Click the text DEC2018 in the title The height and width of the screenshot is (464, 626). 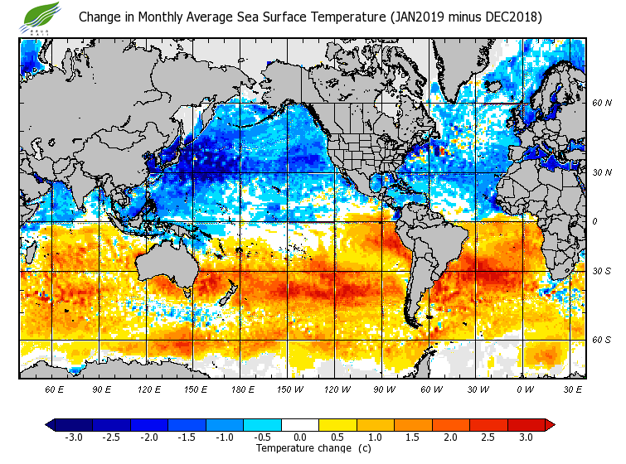point(509,17)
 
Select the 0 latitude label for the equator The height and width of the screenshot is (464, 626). point(594,221)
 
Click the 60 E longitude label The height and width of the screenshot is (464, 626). point(55,389)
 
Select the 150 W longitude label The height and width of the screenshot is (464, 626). point(289,389)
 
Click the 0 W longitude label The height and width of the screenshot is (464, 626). point(525,389)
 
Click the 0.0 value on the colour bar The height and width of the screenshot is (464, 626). point(300,437)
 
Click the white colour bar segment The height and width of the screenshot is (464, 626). point(300,425)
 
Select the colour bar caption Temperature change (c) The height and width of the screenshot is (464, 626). point(301,448)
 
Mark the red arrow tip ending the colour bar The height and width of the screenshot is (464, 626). point(550,425)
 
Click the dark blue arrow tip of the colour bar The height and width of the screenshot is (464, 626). point(51,425)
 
